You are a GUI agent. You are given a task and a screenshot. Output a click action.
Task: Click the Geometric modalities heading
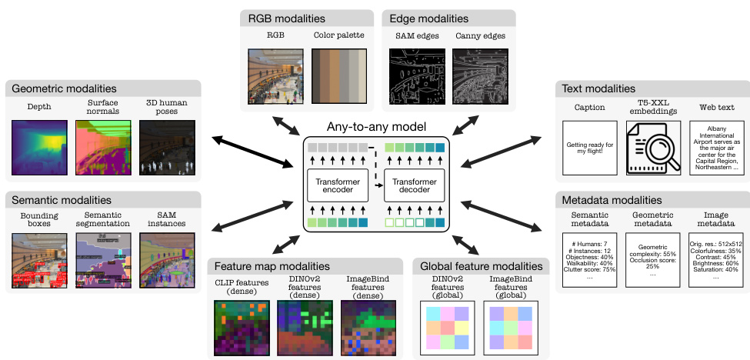coord(64,89)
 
